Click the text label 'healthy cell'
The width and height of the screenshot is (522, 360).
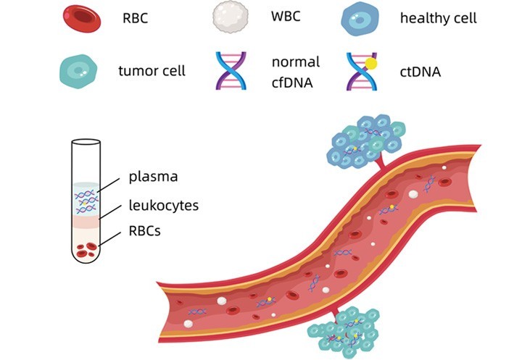[x=438, y=18]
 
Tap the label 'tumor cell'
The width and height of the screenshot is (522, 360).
[x=152, y=71]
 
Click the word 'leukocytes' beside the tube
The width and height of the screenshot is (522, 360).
[x=163, y=205]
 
